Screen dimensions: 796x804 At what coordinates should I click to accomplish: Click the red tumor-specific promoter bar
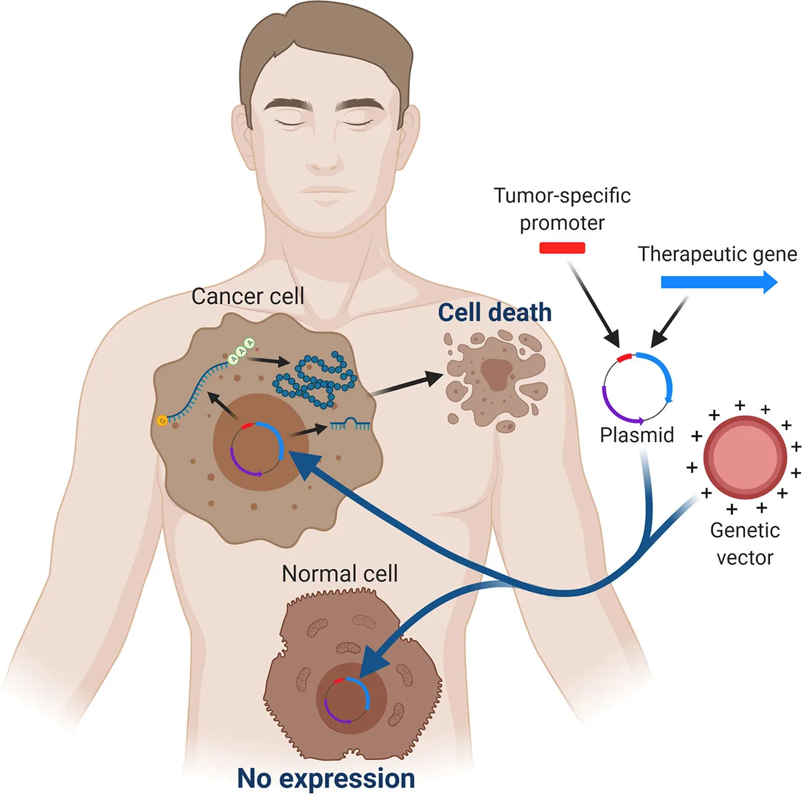(562, 248)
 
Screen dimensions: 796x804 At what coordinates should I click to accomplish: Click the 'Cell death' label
(494, 312)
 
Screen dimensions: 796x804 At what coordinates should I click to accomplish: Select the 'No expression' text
(326, 778)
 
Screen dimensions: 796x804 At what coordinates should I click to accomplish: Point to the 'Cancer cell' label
(248, 296)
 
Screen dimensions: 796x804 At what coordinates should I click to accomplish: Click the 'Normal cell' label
(340, 574)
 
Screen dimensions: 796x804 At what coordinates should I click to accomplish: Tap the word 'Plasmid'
(636, 435)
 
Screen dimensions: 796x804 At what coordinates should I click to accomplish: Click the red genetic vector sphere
(745, 458)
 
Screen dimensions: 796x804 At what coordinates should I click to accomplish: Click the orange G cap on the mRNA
(161, 421)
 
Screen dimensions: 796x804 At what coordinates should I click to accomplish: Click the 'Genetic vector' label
(744, 543)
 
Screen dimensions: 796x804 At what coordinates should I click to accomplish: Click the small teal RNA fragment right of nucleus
(350, 424)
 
